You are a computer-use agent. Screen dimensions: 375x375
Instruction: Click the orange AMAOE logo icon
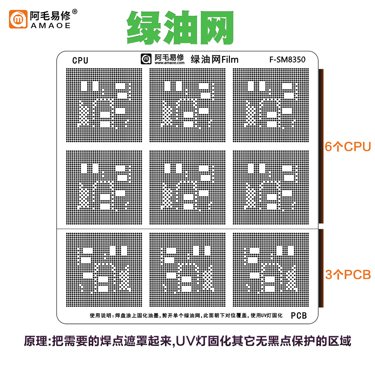(x=18, y=19)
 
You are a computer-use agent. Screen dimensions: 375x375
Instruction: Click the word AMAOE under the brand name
(x=50, y=26)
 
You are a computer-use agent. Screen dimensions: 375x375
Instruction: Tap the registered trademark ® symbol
(x=74, y=12)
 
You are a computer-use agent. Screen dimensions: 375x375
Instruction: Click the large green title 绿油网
(x=180, y=27)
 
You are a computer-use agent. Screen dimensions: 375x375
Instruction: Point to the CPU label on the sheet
(x=80, y=60)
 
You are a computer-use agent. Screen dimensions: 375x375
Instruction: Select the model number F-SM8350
(x=287, y=59)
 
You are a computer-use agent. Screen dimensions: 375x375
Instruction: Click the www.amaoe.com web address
(x=169, y=63)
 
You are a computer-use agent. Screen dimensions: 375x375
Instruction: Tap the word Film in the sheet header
(x=230, y=60)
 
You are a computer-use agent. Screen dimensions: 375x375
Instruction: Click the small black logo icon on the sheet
(x=146, y=59)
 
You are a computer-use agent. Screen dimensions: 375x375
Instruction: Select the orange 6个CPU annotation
(x=347, y=147)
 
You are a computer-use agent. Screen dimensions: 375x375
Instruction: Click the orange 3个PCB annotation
(x=348, y=275)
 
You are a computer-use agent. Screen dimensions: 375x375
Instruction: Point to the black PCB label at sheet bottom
(x=299, y=315)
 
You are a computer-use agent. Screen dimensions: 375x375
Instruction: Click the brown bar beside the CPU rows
(x=321, y=146)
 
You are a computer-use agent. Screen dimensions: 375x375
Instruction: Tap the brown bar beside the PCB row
(x=321, y=268)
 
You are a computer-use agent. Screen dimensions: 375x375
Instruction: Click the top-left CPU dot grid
(x=104, y=105)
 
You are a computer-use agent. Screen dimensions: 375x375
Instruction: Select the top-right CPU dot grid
(x=271, y=105)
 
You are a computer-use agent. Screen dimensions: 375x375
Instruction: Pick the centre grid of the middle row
(x=187, y=187)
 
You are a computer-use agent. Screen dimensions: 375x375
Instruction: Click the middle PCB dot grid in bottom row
(x=187, y=269)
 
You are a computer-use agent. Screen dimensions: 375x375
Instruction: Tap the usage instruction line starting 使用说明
(x=186, y=315)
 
